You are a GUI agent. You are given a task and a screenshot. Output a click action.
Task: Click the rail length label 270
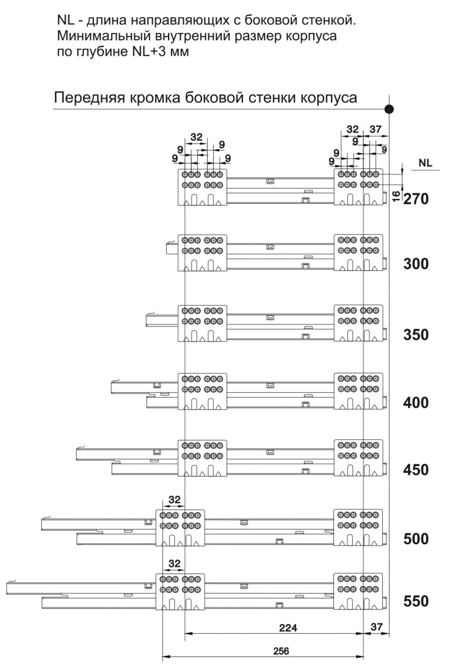[x=416, y=198]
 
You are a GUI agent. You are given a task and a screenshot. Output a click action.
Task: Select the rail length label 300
[x=416, y=264]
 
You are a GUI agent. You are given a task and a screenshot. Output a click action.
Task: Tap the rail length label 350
[x=416, y=334]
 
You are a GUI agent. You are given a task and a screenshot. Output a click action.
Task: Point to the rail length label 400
[x=416, y=402]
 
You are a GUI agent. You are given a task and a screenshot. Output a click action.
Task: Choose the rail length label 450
[x=416, y=470]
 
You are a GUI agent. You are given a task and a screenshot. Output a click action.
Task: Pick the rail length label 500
[x=416, y=539]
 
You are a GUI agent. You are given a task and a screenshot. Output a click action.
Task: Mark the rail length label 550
[x=416, y=601]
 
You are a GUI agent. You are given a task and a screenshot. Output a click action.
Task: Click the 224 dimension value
[x=288, y=628]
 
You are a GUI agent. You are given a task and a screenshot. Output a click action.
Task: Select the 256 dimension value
[x=280, y=651]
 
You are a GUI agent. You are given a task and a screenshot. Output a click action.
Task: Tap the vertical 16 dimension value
[x=396, y=196]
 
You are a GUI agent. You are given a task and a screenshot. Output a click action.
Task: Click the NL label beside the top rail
[x=425, y=162]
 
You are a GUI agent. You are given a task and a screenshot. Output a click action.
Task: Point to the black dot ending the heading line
[x=388, y=109]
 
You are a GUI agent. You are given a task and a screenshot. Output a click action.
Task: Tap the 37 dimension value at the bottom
[x=377, y=627]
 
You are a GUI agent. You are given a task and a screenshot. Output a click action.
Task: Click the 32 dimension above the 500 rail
[x=175, y=500]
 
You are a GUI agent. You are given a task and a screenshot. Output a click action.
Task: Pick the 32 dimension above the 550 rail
[x=175, y=564]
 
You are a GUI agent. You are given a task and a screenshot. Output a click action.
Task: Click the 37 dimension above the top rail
[x=376, y=129]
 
